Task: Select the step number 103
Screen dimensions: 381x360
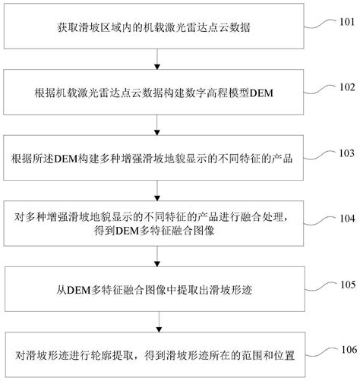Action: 346,153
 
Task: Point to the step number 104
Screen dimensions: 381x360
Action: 346,218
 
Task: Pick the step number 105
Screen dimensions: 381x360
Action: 346,285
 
